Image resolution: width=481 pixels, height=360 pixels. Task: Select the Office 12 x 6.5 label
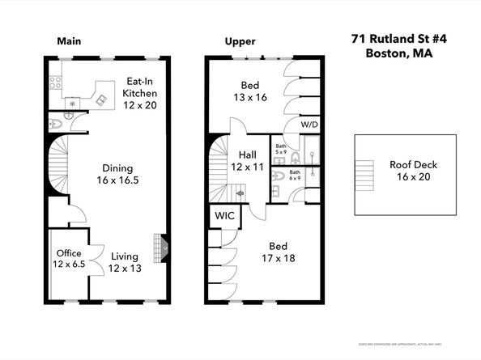(68, 259)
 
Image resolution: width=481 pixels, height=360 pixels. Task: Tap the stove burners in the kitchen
(56, 82)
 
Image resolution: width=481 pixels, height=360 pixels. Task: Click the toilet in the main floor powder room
(55, 124)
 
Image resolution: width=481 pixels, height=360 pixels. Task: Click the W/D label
(309, 125)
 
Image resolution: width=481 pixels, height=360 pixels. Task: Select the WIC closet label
(223, 217)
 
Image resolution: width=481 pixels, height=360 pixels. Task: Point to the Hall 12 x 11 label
(248, 160)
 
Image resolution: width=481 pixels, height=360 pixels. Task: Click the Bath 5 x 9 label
(281, 148)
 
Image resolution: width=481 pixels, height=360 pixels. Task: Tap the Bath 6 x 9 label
(295, 176)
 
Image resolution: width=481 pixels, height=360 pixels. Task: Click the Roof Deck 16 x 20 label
(413, 170)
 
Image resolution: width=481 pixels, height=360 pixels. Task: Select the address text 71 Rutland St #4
(391, 38)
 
